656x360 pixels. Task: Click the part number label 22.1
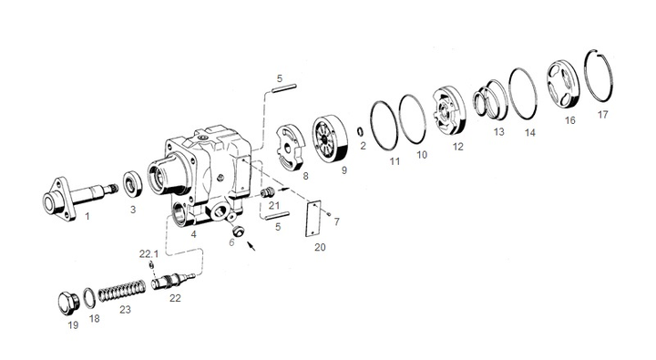coord(149,253)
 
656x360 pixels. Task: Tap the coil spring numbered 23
coord(122,291)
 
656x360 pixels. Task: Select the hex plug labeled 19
coord(67,304)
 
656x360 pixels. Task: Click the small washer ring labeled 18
coord(88,298)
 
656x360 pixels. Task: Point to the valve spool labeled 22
coord(172,282)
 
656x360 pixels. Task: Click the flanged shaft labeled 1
coord(79,198)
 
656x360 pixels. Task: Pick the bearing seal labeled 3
coord(133,184)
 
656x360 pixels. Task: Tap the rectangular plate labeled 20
coord(313,219)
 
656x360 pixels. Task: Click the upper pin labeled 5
coord(284,88)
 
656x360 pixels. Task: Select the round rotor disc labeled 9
coord(330,139)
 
